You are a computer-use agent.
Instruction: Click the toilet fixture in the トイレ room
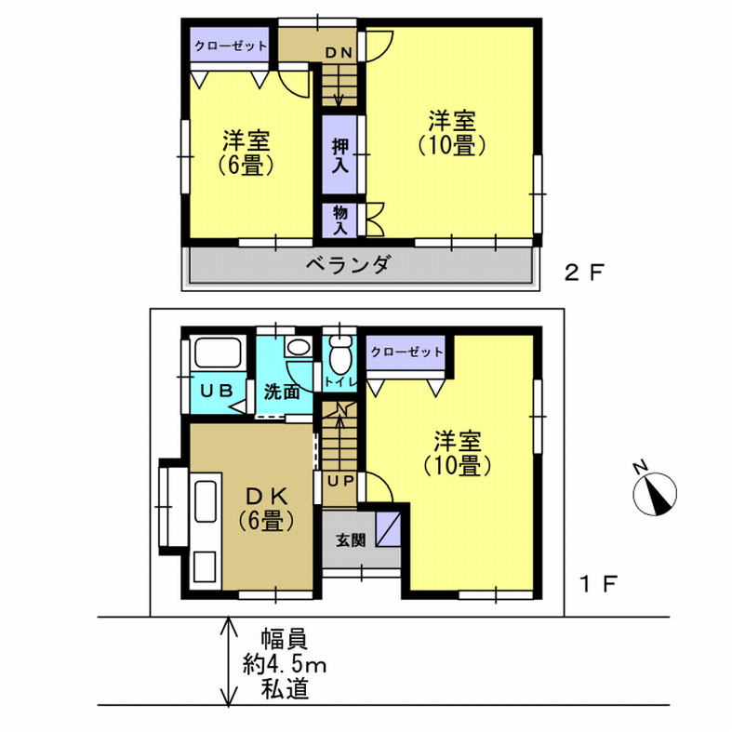coord(339,353)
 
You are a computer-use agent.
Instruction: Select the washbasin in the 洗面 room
coord(299,347)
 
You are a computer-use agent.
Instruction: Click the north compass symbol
coord(654,490)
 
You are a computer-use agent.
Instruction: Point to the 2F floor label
coord(584,273)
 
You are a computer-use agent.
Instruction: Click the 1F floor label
coord(598,583)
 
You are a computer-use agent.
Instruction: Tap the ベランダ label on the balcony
coord(348,264)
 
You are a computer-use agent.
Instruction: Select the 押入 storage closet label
coord(340,155)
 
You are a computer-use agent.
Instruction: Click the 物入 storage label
coord(340,220)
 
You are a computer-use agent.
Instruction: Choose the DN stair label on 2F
coord(339,53)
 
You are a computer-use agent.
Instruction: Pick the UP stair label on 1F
coord(340,480)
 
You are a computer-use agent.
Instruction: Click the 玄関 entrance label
coord(351,540)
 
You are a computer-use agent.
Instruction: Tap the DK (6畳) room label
coord(267,509)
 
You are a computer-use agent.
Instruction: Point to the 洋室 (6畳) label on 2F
coord(246,153)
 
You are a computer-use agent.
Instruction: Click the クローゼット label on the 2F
coord(230,46)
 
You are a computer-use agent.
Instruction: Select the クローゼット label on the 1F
coord(406,352)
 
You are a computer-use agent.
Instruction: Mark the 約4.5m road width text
coord(285,664)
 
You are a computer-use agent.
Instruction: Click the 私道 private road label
coord(285,688)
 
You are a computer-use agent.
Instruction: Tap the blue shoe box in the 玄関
coord(389,529)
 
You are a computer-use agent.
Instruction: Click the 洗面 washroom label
coord(282,393)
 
